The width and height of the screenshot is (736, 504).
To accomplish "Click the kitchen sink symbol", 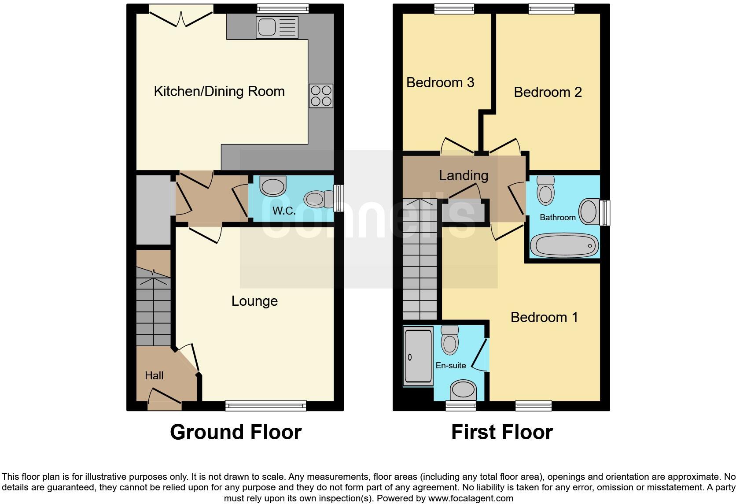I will click(x=277, y=27).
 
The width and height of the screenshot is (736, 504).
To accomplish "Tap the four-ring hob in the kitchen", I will click(x=321, y=96).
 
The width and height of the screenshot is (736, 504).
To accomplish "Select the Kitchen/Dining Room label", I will click(x=219, y=91).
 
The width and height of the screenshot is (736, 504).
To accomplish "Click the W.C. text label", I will click(x=284, y=211).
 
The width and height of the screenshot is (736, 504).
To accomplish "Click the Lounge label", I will click(x=254, y=301).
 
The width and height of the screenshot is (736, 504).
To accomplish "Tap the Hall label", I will click(x=154, y=375).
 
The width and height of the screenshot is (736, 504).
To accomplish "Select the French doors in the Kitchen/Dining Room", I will click(x=181, y=18).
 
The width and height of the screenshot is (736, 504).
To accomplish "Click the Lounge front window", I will click(x=265, y=405).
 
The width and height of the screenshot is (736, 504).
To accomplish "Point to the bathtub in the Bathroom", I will click(x=564, y=245).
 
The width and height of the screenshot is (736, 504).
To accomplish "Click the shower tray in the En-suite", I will click(x=418, y=356).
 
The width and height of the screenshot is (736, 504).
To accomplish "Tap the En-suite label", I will click(x=450, y=365).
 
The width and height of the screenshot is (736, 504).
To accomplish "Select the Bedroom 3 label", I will click(x=440, y=82).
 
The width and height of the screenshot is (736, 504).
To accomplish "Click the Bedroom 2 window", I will click(x=551, y=8).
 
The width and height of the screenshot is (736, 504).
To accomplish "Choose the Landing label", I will click(x=464, y=175).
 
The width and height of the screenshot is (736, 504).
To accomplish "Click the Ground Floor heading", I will click(x=236, y=432).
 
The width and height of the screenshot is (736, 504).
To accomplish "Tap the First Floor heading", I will click(x=502, y=432).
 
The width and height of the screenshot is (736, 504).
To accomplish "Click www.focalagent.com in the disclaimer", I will click(x=471, y=499).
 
